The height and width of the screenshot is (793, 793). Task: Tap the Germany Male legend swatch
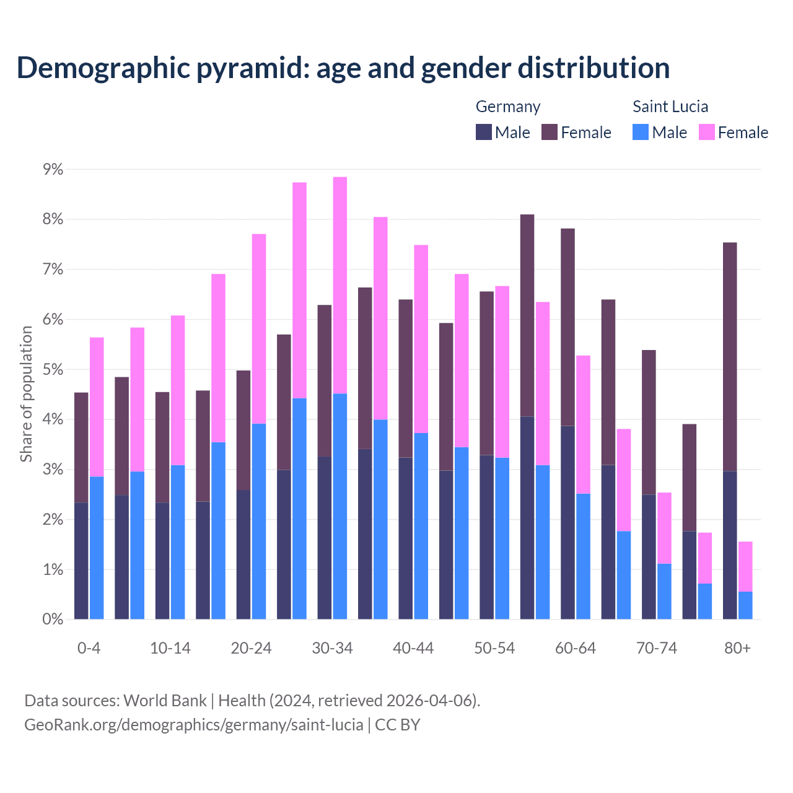pyautogui.click(x=484, y=132)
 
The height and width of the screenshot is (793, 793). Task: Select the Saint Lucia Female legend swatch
pyautogui.click(x=706, y=132)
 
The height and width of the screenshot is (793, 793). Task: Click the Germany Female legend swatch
pyautogui.click(x=550, y=132)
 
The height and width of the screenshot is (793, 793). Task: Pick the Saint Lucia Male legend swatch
pyautogui.click(x=641, y=132)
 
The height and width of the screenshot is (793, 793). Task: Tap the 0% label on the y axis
pyautogui.click(x=53, y=620)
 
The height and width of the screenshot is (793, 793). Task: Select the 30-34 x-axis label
pyautogui.click(x=332, y=649)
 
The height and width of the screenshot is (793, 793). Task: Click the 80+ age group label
pyautogui.click(x=737, y=649)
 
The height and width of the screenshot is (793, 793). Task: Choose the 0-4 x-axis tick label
pyautogui.click(x=89, y=649)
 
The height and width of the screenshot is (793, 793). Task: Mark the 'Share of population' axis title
pyautogui.click(x=27, y=394)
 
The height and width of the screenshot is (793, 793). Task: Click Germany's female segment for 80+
pyautogui.click(x=730, y=356)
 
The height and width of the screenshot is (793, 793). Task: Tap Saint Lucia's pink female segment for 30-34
pyautogui.click(x=340, y=285)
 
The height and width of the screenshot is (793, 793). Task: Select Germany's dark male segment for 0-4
pyautogui.click(x=81, y=561)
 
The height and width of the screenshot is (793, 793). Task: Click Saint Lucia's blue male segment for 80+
pyautogui.click(x=745, y=605)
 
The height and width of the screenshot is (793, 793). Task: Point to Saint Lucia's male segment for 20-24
pyautogui.click(x=259, y=521)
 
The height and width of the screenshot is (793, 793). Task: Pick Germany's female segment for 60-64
pyautogui.click(x=567, y=327)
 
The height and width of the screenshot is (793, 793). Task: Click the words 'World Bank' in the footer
pyautogui.click(x=165, y=701)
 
